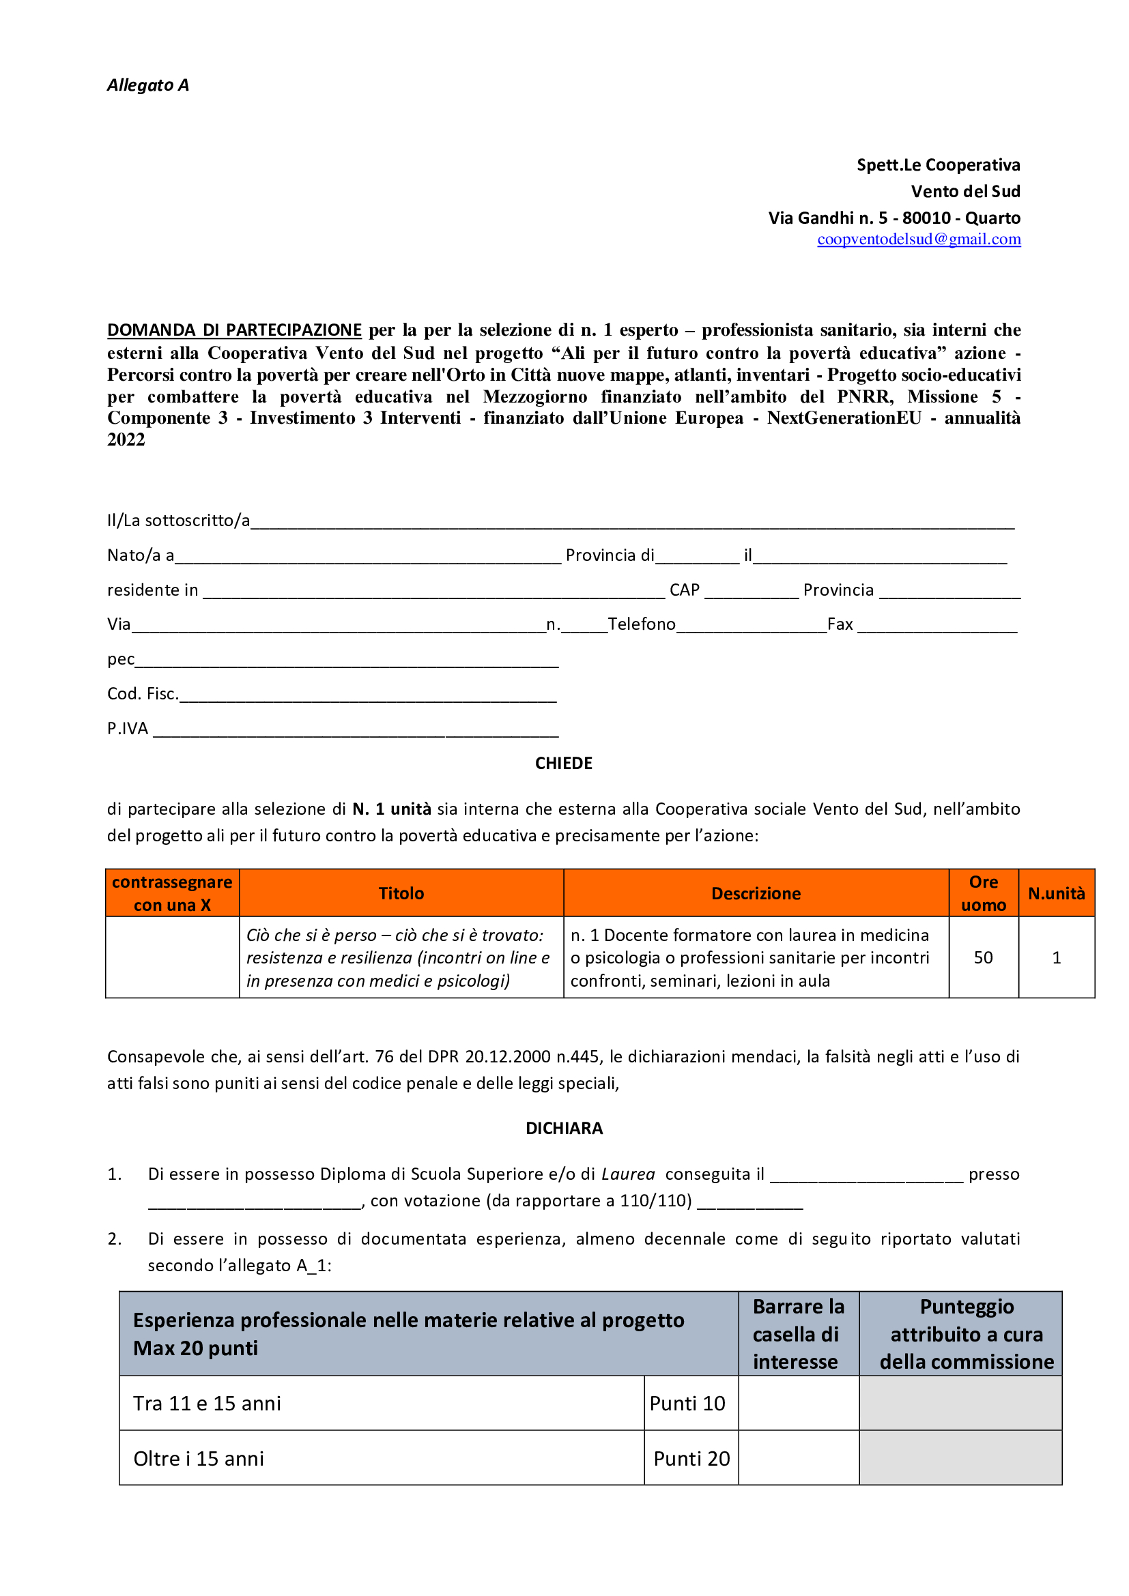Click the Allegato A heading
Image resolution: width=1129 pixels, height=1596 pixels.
[x=147, y=85]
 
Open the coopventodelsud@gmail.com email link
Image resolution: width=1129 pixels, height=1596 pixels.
[x=918, y=239]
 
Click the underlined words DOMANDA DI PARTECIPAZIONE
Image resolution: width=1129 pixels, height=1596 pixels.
[x=234, y=330]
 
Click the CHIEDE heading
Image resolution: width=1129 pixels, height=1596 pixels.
[x=564, y=764]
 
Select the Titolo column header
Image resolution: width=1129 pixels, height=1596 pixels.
[x=401, y=893]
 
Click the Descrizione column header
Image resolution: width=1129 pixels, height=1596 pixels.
[x=756, y=893]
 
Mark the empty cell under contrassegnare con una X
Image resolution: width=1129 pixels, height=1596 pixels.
[x=173, y=957]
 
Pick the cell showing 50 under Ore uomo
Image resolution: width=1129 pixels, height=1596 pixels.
[x=983, y=958]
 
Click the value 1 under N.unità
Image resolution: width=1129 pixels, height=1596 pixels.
[x=1056, y=958]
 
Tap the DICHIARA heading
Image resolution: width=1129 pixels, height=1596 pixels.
[x=564, y=1128]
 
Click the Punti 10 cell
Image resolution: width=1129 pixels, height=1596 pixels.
[x=690, y=1404]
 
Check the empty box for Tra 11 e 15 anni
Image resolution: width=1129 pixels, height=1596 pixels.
[x=798, y=1404]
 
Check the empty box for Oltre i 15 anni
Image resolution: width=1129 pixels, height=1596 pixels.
[x=798, y=1458]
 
